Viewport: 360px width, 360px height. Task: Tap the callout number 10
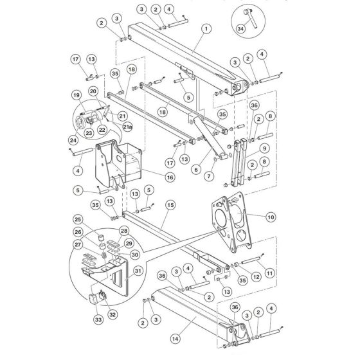pos(271,217)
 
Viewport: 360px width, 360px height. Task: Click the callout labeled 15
pos(170,204)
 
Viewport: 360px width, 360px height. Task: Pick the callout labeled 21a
pos(127,127)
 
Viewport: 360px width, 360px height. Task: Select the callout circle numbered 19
pos(76,95)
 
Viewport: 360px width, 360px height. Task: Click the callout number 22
pos(102,130)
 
